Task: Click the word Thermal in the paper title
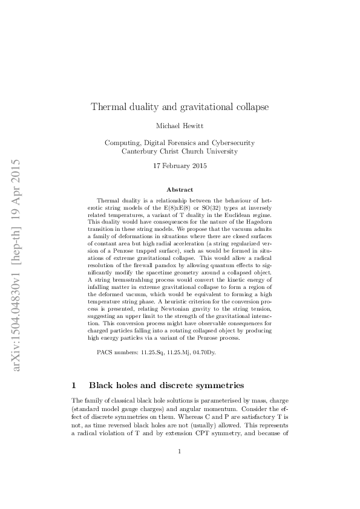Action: pyautogui.click(x=108, y=108)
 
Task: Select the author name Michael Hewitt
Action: pyautogui.click(x=180, y=126)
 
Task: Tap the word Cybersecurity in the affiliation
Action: pyautogui.click(x=231, y=143)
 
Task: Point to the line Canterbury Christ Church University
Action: pyautogui.click(x=180, y=152)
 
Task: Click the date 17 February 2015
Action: pyautogui.click(x=180, y=166)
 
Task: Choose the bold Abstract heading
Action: pyautogui.click(x=180, y=190)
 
